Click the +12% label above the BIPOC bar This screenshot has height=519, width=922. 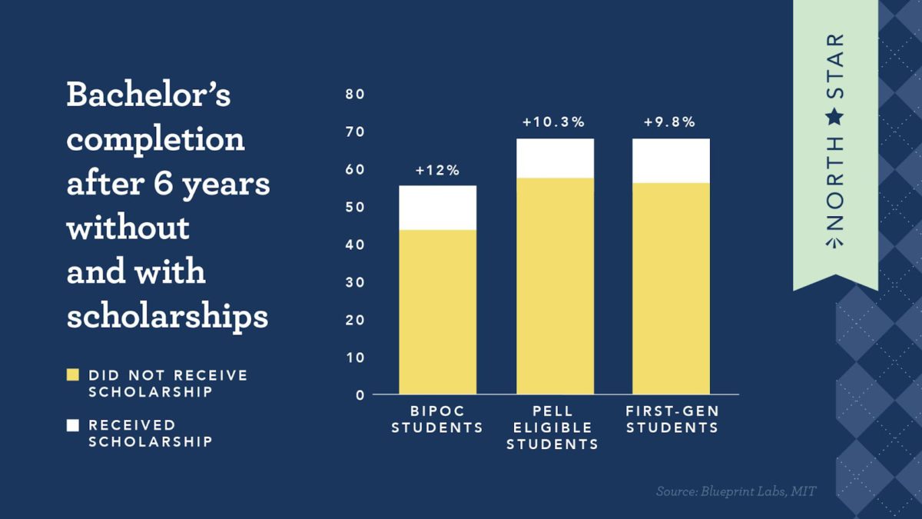point(437,171)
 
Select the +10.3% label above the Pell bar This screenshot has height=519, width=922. point(554,122)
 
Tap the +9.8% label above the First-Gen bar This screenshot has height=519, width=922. point(670,122)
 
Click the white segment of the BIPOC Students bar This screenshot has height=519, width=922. point(437,208)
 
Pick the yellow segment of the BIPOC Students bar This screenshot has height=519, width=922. point(437,311)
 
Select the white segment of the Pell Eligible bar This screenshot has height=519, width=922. point(555,158)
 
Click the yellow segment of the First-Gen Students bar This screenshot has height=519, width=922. point(671,288)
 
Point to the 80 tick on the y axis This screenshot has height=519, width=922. point(355,95)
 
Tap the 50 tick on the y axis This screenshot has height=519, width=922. point(355,208)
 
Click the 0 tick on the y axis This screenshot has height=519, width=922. point(359,395)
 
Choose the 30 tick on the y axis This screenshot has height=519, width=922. point(355,283)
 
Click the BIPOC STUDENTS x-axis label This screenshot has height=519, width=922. point(437,420)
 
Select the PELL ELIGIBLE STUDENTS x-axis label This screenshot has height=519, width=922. point(552,428)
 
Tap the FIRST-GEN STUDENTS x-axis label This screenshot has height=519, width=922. point(672,420)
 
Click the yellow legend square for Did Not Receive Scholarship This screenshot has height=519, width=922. point(73,376)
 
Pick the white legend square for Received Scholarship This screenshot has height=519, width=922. point(73,425)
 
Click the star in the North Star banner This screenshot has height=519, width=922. point(835,118)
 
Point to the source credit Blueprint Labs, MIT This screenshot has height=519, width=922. point(735,491)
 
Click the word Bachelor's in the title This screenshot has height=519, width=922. point(148,95)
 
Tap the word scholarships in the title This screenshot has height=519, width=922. point(167,317)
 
